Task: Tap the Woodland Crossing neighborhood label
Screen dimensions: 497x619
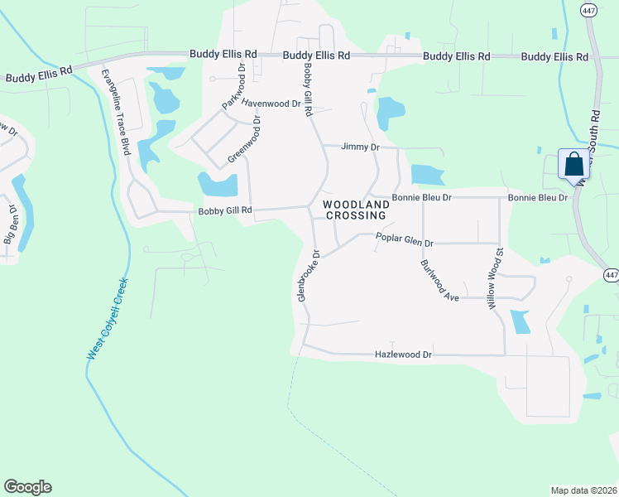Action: [355, 210]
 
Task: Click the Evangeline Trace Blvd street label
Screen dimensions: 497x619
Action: [116, 113]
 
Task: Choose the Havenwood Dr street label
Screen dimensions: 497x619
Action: [271, 103]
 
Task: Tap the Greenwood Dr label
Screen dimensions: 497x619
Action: [244, 138]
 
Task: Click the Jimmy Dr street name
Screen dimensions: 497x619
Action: [361, 147]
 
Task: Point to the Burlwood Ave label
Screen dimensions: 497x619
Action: [439, 280]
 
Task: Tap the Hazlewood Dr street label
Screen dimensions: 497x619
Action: [404, 354]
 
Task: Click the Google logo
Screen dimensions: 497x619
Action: [27, 487]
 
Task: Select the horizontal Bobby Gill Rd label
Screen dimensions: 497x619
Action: [224, 211]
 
